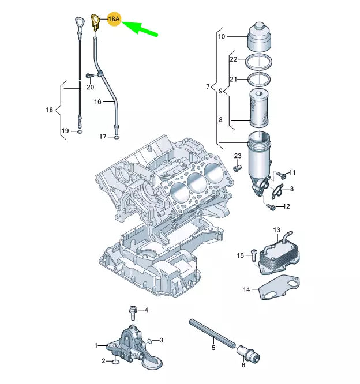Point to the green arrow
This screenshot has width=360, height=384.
point(141,27)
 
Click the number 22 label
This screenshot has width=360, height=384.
point(233,59)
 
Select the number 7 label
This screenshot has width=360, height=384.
point(208,87)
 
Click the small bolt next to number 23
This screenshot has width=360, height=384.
point(237,168)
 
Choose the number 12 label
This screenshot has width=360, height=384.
point(287,206)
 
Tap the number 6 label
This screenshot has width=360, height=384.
point(243,364)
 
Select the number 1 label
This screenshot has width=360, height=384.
point(96,345)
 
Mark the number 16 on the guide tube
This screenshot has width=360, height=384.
point(98,101)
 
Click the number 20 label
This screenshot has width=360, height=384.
point(89,87)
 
